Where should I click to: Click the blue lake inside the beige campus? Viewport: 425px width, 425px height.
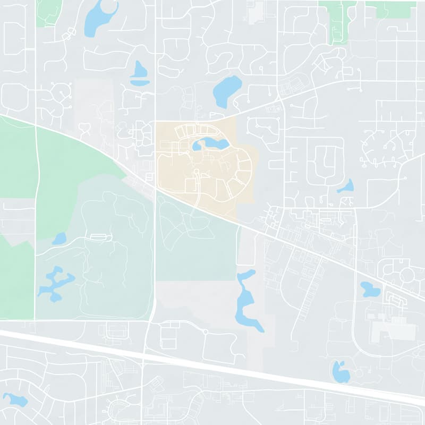click(211, 143)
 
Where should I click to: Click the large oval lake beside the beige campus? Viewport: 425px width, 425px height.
click(227, 90)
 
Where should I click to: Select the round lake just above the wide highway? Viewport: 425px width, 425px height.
click(341, 372)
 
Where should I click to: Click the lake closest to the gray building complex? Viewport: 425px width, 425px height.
click(370, 290)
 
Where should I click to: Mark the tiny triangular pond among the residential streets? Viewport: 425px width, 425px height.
click(346, 186)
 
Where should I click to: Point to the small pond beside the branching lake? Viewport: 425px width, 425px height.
click(59, 239)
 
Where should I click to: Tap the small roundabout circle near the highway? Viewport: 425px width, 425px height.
click(205, 331)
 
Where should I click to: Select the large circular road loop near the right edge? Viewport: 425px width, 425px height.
click(407, 275)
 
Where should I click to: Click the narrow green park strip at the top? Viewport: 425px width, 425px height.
click(336, 21)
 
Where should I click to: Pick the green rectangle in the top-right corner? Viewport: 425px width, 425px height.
click(396, 9)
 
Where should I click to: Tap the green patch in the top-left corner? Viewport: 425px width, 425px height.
click(49, 11)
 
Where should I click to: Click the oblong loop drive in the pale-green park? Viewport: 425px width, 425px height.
click(98, 237)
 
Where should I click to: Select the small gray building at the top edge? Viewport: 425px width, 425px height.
click(256, 11)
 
